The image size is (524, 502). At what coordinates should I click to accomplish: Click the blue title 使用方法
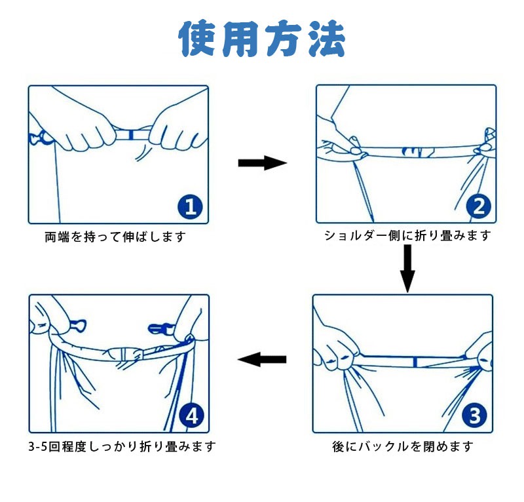pos(263,39)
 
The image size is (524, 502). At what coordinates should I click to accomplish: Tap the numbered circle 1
pos(190,207)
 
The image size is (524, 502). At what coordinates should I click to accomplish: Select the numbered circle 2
pos(479,206)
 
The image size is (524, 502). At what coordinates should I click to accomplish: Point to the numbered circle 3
pos(474,415)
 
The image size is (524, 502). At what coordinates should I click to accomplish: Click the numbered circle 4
pos(191,416)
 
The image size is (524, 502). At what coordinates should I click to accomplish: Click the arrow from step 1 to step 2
pos(263,163)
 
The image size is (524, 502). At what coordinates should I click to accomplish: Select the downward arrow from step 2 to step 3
pos(407,269)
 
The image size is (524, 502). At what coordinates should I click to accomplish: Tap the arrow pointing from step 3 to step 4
pos(262,360)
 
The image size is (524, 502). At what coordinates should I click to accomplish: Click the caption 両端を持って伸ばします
pos(115,237)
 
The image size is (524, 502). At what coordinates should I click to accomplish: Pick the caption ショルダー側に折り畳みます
pos(407,236)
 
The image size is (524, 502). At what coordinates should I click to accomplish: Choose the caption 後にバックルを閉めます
pos(403,446)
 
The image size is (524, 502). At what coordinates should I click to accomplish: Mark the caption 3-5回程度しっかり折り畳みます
pos(122,446)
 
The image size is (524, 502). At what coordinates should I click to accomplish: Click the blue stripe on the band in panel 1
pos(131,135)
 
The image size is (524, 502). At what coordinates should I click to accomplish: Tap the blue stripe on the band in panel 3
pos(415,362)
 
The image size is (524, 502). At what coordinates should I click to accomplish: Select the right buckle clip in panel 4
pos(160,329)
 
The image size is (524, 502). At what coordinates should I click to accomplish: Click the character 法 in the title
pos(326,39)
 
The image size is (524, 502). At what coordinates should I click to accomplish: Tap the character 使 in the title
pos(198,39)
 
